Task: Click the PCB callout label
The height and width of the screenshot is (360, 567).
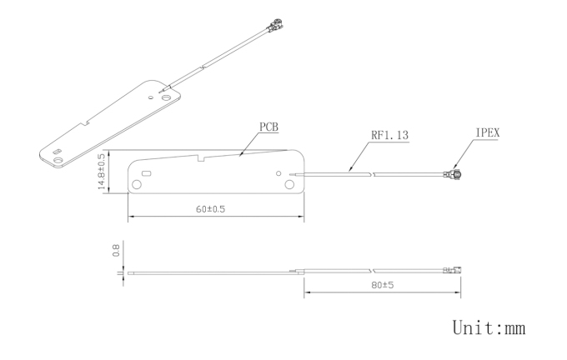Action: [x=269, y=127]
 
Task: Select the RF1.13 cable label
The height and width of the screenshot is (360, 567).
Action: [x=390, y=135]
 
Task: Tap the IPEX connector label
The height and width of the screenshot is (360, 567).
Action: [x=488, y=133]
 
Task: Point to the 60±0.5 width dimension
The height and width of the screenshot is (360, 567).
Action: [x=210, y=209]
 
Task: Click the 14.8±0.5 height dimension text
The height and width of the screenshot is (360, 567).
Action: [x=102, y=172]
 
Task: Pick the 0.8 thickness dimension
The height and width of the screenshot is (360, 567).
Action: [x=116, y=251]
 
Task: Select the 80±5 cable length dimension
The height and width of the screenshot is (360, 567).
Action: [x=383, y=285]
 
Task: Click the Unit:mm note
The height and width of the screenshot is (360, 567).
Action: [x=489, y=328]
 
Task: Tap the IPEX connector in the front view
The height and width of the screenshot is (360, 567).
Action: [x=455, y=175]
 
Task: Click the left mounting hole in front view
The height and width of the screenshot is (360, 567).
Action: [x=137, y=185]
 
